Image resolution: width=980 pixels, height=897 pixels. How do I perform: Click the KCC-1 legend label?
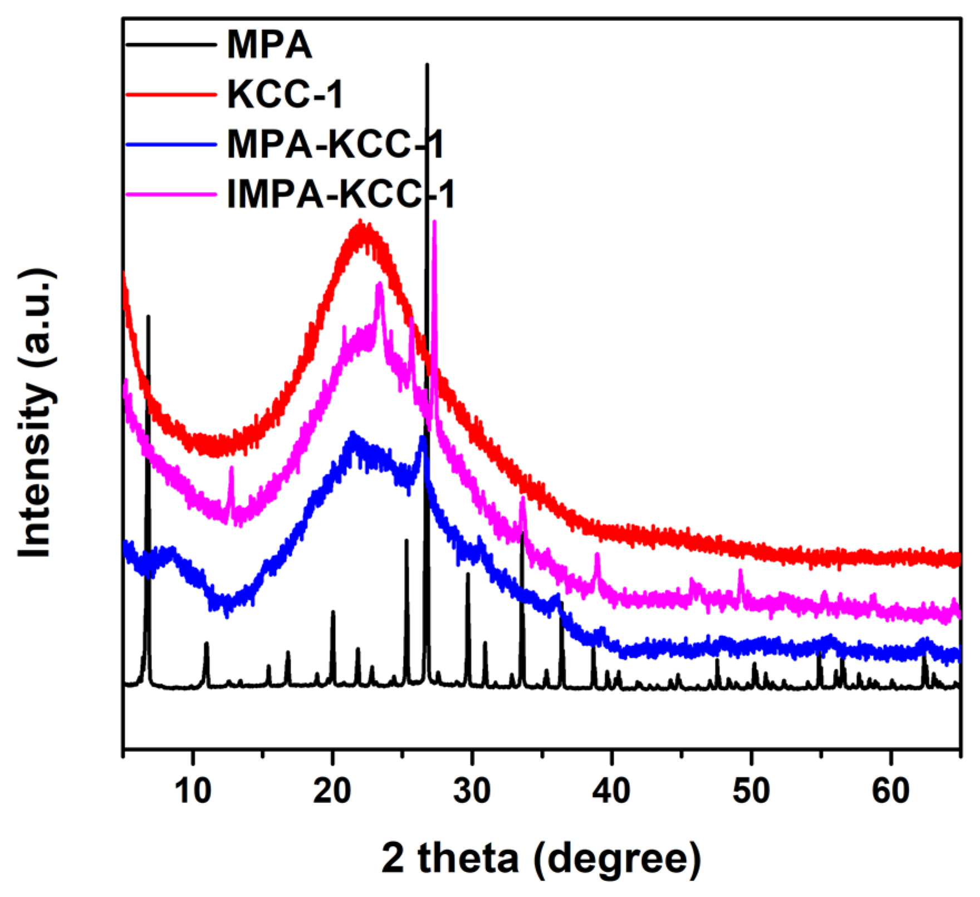[285, 94]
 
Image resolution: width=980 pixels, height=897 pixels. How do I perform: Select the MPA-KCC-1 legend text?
[335, 144]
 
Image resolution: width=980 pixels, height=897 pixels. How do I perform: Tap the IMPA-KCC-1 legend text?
[341, 194]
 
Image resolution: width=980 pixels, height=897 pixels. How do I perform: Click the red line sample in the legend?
[171, 95]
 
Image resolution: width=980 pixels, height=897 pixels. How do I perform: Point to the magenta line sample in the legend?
[171, 194]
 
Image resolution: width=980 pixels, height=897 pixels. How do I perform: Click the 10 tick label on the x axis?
[193, 791]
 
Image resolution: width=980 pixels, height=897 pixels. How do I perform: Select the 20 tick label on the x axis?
[332, 791]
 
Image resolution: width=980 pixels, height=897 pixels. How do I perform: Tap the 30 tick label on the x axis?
[472, 791]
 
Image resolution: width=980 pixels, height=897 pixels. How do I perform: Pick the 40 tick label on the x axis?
[611, 791]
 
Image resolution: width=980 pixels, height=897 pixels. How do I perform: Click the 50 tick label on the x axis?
[751, 791]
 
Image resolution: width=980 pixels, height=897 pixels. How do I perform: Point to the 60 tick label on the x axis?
[891, 791]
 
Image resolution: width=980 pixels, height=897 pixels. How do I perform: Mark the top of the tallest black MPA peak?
[427, 65]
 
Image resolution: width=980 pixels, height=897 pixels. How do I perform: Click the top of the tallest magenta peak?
[434, 222]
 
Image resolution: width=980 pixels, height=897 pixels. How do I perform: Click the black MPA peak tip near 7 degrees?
[148, 316]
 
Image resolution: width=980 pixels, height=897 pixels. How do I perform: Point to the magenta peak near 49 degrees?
[741, 571]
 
